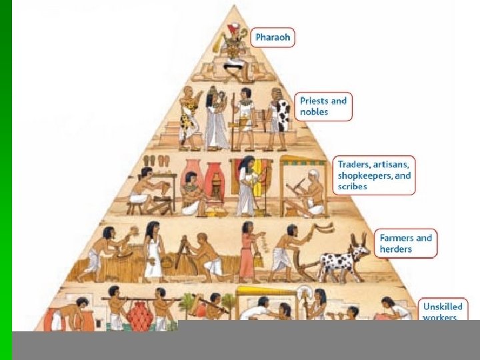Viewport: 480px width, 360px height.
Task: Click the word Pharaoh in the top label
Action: [273, 37]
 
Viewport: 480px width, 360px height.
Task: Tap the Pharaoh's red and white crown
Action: [232, 30]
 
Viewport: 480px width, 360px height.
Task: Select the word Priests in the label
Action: [314, 101]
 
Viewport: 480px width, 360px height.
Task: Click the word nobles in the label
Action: [314, 112]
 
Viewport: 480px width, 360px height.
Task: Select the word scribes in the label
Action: [352, 187]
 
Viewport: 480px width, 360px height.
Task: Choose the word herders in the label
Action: [396, 249]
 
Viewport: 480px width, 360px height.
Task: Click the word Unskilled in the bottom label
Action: [442, 307]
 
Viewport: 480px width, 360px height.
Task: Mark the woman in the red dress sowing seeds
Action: [247, 250]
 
